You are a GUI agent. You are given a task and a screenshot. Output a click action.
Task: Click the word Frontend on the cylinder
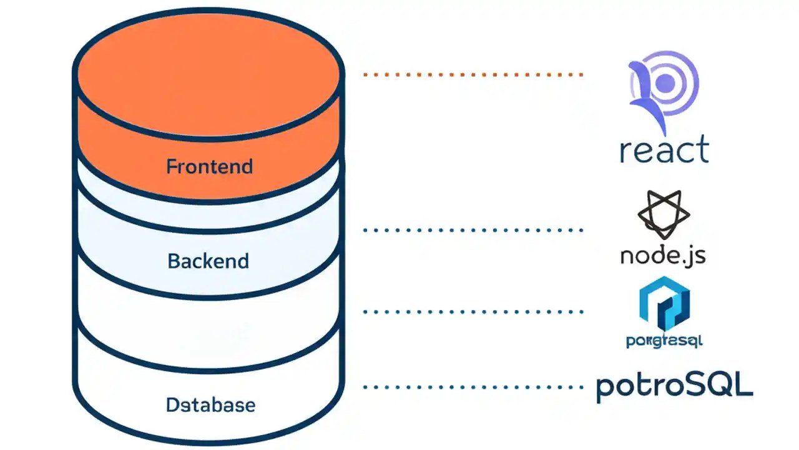pyautogui.click(x=209, y=167)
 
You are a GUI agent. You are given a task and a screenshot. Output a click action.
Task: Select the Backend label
pyautogui.click(x=208, y=261)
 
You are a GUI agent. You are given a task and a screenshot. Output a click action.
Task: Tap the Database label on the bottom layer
pyautogui.click(x=210, y=404)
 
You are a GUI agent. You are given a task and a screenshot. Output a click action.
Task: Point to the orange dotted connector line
pyautogui.click(x=473, y=74)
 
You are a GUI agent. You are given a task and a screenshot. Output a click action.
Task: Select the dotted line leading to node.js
pyautogui.click(x=473, y=230)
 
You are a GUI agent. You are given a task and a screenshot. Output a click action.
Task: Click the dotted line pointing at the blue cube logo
pyautogui.click(x=473, y=311)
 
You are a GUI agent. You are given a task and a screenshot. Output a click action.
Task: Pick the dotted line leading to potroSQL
pyautogui.click(x=473, y=387)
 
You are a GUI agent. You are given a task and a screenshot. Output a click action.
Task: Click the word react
pyautogui.click(x=664, y=151)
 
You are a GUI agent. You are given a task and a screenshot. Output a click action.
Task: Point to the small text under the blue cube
pyautogui.click(x=664, y=341)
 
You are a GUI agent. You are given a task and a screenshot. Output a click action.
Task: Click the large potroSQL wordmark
pyautogui.click(x=674, y=386)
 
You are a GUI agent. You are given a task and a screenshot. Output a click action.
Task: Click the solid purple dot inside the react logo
pyautogui.click(x=665, y=81)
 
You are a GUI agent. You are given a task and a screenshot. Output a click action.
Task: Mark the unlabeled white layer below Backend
pyautogui.click(x=208, y=325)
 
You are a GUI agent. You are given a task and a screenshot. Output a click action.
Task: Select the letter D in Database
pyautogui.click(x=173, y=404)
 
